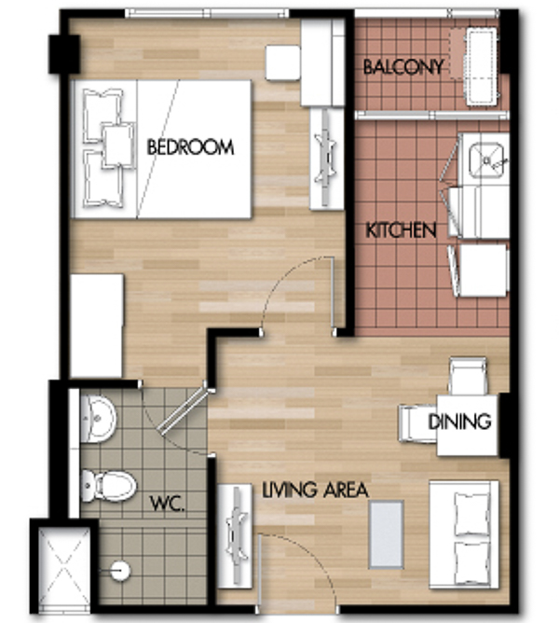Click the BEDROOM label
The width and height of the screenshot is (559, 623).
click(190, 147)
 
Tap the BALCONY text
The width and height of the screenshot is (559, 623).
click(403, 67)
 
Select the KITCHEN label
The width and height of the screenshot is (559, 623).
click(401, 230)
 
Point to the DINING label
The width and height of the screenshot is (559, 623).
click(459, 422)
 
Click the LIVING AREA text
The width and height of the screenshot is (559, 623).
click(315, 490)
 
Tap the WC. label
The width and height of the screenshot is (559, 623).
click(167, 504)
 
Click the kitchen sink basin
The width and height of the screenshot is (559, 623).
click(486, 160)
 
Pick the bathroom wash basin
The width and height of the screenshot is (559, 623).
click(98, 419)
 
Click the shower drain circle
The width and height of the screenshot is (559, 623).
click(120, 571)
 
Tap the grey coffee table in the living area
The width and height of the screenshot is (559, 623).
click(387, 534)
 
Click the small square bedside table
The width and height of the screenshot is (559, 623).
click(282, 63)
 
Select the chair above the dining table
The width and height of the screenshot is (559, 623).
click(468, 376)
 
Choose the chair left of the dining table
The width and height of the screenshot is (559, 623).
click(418, 423)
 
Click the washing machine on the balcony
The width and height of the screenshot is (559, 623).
click(481, 66)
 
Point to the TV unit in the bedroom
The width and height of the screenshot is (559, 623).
click(326, 159)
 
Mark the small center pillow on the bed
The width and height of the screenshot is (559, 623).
click(118, 145)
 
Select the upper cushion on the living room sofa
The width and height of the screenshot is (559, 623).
click(472, 515)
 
